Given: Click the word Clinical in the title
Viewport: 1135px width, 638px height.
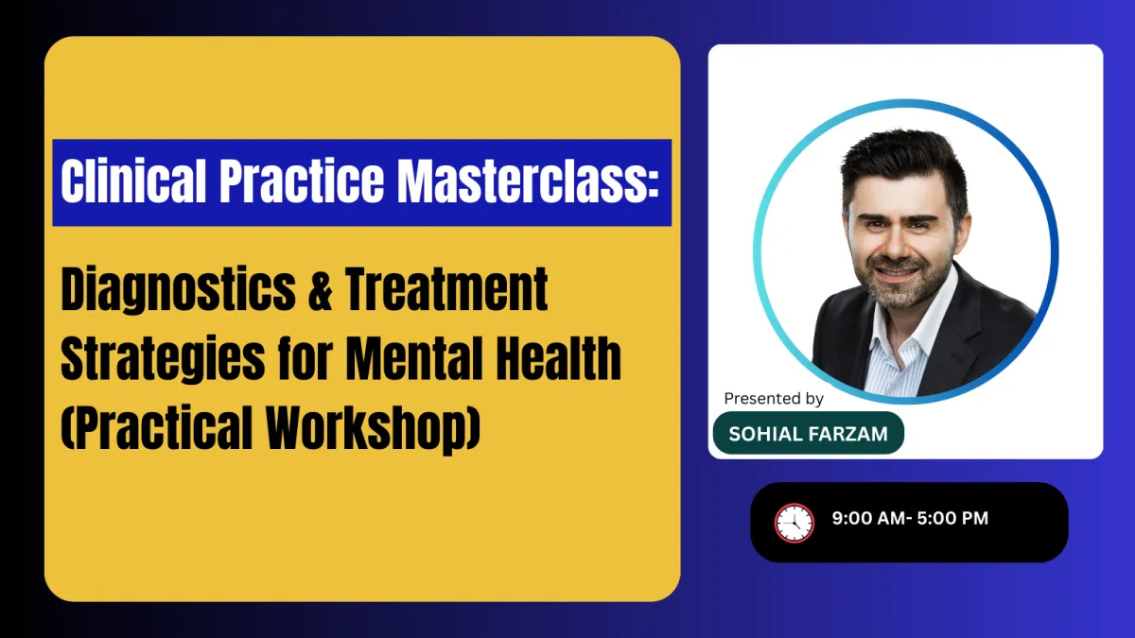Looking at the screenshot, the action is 133,181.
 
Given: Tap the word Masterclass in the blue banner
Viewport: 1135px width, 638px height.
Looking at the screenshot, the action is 528,181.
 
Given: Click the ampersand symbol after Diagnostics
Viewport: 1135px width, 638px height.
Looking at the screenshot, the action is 321,289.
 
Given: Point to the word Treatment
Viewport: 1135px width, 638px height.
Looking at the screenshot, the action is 446,289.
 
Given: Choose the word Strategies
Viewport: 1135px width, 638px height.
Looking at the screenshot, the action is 163,360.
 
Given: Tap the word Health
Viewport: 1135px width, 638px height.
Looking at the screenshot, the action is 558,358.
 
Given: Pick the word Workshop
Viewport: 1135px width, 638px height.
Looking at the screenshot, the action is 373,429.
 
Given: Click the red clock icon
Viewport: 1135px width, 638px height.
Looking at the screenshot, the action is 794,523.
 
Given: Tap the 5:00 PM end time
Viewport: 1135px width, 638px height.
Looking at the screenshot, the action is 952,518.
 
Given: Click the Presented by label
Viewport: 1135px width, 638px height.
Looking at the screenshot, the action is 774,399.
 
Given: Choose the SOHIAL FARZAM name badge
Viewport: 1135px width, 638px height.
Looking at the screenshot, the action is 808,433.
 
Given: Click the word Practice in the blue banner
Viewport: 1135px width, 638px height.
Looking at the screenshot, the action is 302,181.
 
